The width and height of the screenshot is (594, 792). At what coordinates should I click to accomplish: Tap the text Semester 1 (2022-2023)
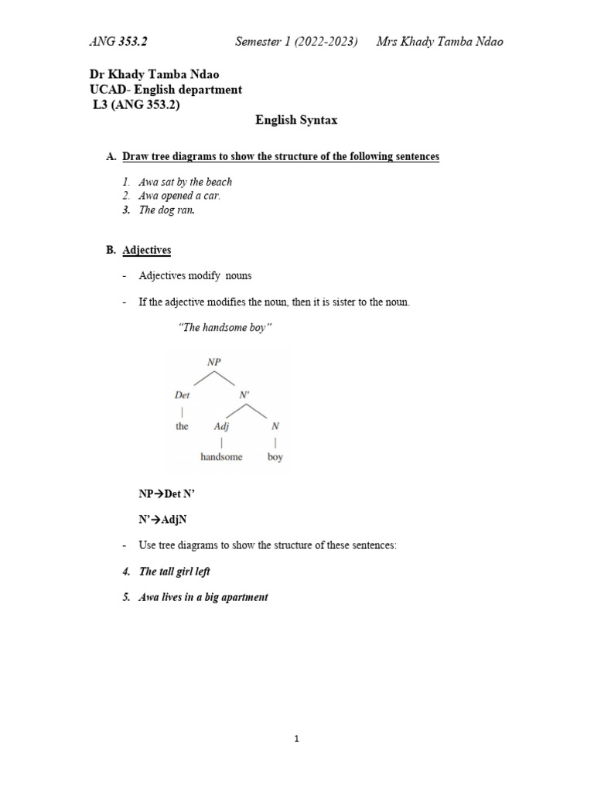pos(296,41)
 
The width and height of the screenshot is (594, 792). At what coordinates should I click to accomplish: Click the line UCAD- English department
pos(166,90)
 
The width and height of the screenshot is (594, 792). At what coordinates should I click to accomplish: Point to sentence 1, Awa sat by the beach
pos(185,182)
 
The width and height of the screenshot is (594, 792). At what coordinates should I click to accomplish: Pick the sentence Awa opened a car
pos(179,196)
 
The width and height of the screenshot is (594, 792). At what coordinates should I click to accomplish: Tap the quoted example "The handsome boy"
pos(225,328)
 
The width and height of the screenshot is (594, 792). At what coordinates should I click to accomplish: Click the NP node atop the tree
pos(213,361)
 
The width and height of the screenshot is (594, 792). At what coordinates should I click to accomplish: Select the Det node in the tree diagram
pos(183,394)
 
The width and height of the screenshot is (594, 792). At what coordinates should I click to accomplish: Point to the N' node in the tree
pos(244,394)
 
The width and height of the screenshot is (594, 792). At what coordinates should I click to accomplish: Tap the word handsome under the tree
pos(221,457)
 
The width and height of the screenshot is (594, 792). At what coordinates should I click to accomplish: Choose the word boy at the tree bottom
pos(275,457)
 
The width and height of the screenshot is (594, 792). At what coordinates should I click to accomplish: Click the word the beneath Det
pos(182,426)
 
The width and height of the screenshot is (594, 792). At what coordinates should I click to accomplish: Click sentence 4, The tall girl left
pos(174,572)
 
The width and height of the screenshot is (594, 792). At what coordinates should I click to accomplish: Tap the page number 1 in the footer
pos(296,739)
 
